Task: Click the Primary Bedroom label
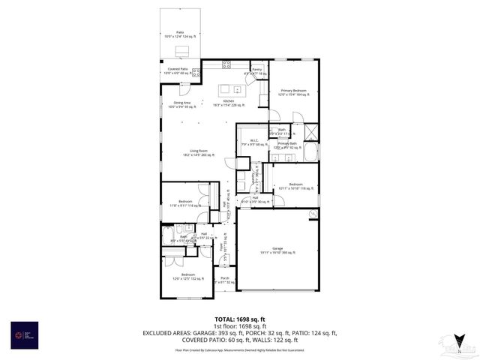click(x=293, y=91)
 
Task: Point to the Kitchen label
click(x=229, y=103)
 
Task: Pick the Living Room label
click(x=198, y=152)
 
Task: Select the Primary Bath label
click(x=287, y=145)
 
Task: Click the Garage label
click(x=277, y=250)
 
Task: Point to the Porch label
click(x=224, y=280)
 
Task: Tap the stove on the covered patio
click(x=196, y=73)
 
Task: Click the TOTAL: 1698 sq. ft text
click(x=239, y=319)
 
